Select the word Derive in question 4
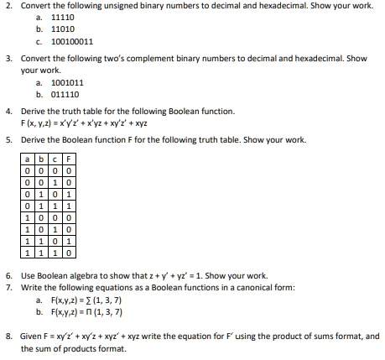coord(31,111)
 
